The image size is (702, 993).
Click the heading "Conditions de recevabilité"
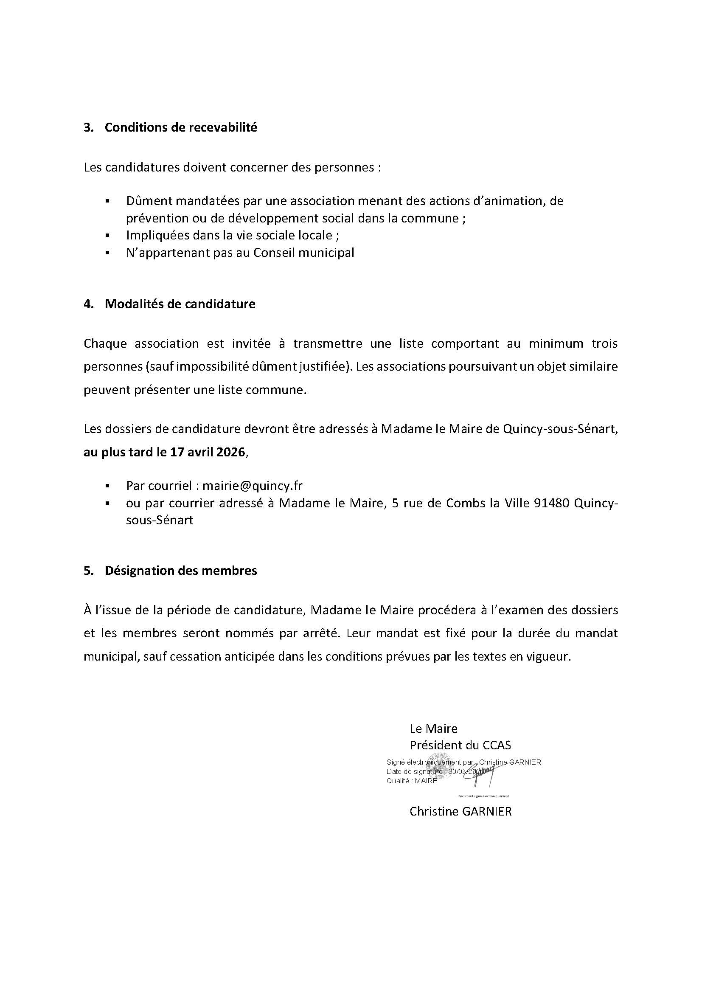(181, 128)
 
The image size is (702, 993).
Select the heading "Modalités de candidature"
(180, 304)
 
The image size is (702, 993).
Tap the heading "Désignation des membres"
(181, 571)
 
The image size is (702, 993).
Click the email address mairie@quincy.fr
(253, 486)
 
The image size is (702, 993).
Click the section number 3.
(88, 128)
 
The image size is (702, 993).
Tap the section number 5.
(88, 571)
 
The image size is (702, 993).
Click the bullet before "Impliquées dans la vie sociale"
(107, 236)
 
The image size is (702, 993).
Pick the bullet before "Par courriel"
(107, 486)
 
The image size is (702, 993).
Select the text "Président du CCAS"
(460, 745)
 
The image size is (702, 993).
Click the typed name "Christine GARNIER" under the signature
(461, 811)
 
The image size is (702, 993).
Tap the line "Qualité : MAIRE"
(412, 781)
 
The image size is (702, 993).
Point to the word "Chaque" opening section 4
(105, 344)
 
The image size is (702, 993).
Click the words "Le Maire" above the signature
(433, 729)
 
